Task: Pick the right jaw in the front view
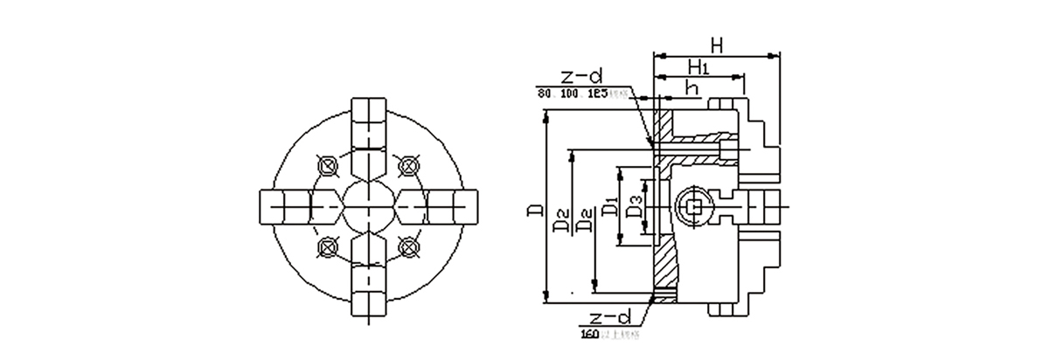[451, 206]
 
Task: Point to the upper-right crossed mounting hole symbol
[406, 165]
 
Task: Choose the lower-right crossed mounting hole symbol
[406, 247]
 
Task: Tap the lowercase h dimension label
[691, 87]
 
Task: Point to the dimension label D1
[611, 210]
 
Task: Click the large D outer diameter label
[534, 210]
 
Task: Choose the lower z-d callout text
[609, 316]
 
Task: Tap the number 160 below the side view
[589, 332]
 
